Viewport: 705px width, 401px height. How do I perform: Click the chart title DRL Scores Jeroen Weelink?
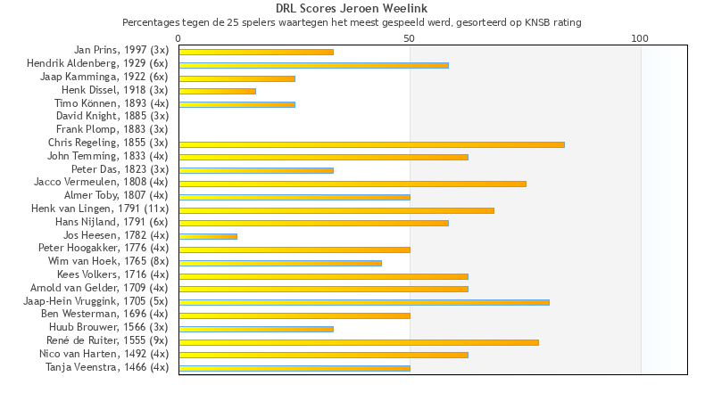[x=352, y=8]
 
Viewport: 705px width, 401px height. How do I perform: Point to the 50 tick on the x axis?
[x=410, y=38]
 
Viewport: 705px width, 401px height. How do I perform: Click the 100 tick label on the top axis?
[x=640, y=38]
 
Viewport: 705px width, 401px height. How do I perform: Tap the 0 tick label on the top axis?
[x=178, y=38]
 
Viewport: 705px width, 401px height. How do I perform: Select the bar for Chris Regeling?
[x=371, y=144]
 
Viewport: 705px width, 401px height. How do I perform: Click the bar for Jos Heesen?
[x=208, y=236]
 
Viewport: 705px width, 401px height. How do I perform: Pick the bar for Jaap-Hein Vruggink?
[x=364, y=302]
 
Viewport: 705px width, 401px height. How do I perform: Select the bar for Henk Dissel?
[x=217, y=91]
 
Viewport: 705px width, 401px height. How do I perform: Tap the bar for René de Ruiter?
[x=359, y=341]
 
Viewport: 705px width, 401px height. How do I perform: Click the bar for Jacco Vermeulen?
[x=352, y=184]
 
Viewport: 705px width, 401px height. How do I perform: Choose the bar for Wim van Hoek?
[x=280, y=263]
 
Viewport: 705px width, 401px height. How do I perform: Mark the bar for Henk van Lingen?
[x=336, y=210]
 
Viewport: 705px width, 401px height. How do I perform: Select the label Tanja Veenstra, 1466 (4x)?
[x=106, y=367]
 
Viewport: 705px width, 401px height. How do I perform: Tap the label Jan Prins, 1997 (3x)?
[x=121, y=51]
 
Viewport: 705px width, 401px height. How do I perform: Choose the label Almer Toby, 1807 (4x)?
[x=116, y=195]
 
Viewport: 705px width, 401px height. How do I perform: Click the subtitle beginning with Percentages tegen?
[x=352, y=22]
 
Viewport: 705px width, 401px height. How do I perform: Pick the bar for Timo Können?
[x=236, y=104]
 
